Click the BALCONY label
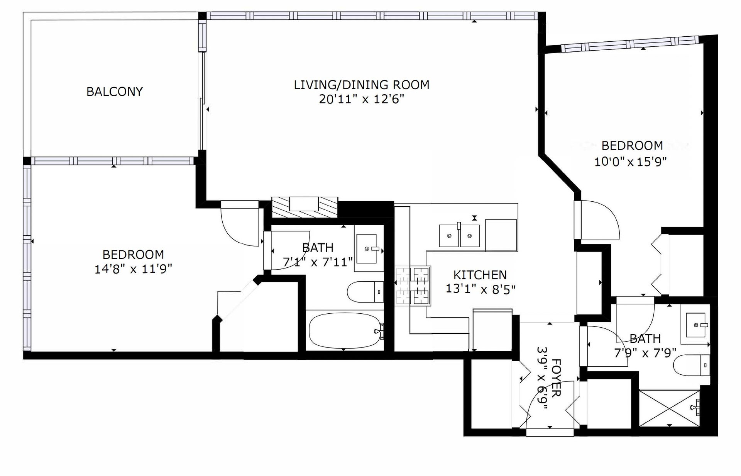(x=115, y=92)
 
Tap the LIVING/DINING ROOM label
(x=362, y=85)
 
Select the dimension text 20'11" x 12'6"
(x=362, y=100)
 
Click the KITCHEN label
(x=480, y=275)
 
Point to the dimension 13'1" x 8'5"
(x=480, y=289)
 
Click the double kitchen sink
(x=459, y=236)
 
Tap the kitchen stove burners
(x=413, y=286)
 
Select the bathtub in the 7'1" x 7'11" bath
(x=345, y=331)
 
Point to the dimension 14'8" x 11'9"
(x=133, y=269)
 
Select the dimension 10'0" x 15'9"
(x=631, y=161)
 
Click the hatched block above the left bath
(x=305, y=207)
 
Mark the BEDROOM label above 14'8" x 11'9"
(x=133, y=255)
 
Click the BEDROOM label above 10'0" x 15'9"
(x=632, y=146)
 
